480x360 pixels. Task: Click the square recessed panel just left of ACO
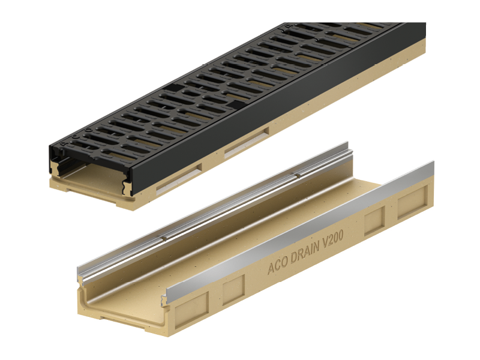pos(233,289)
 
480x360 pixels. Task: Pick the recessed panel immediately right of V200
pos(374,220)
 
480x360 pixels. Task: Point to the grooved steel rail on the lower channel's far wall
pos(214,208)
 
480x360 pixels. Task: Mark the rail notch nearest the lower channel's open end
pos(164,238)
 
